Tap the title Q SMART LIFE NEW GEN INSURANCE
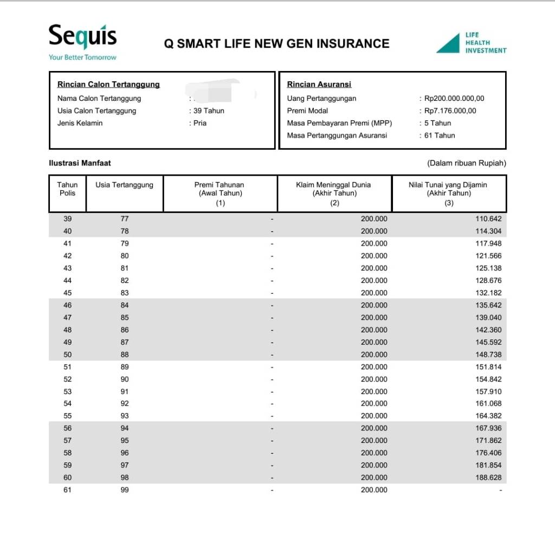pos(276,44)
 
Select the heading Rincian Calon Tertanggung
pos(108,85)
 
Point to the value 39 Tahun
pos(209,111)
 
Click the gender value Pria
pos(200,123)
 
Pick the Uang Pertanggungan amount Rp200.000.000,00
pos(454,99)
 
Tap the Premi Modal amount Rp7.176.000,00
pos(450,111)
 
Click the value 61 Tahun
pos(440,136)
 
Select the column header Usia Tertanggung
pos(124,185)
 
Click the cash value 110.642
pos(488,219)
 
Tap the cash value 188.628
pos(488,478)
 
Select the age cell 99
pos(125,490)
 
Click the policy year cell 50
pos(67,355)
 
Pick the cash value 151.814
pos(488,367)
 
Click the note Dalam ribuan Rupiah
pos(467,163)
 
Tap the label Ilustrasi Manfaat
pos(80,163)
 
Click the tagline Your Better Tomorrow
pos(82,57)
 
